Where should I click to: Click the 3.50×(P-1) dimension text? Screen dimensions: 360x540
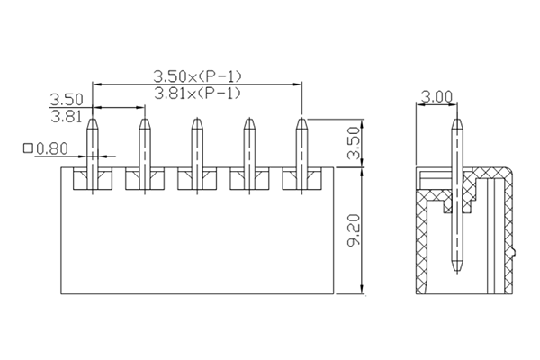tap(198, 76)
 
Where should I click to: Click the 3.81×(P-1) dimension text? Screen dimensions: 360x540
tap(198, 93)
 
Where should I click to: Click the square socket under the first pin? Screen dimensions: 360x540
tap(91, 179)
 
